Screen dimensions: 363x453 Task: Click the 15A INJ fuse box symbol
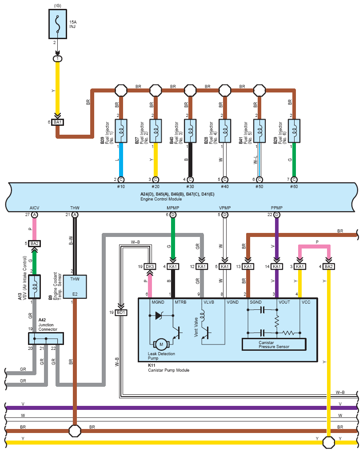58,24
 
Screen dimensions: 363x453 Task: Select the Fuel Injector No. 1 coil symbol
121,131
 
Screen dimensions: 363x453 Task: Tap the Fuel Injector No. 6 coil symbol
294,131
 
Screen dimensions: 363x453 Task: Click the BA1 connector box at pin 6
58,122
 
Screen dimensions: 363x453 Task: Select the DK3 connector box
150,266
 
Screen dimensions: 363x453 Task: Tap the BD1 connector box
121,313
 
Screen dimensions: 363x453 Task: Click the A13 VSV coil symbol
34,286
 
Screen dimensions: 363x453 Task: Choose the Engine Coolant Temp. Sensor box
75,286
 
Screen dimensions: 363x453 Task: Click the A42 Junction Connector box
46,338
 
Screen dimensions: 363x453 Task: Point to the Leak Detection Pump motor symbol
161,344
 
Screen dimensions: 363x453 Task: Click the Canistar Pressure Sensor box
274,345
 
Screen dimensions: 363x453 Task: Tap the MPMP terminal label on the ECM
173,208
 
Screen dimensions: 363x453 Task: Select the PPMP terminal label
277,208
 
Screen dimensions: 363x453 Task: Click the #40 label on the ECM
225,187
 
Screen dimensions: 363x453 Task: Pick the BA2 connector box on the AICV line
34,244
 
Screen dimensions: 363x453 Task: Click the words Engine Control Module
161,199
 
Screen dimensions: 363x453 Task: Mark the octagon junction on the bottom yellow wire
329,442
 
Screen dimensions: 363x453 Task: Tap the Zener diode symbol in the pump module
159,316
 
